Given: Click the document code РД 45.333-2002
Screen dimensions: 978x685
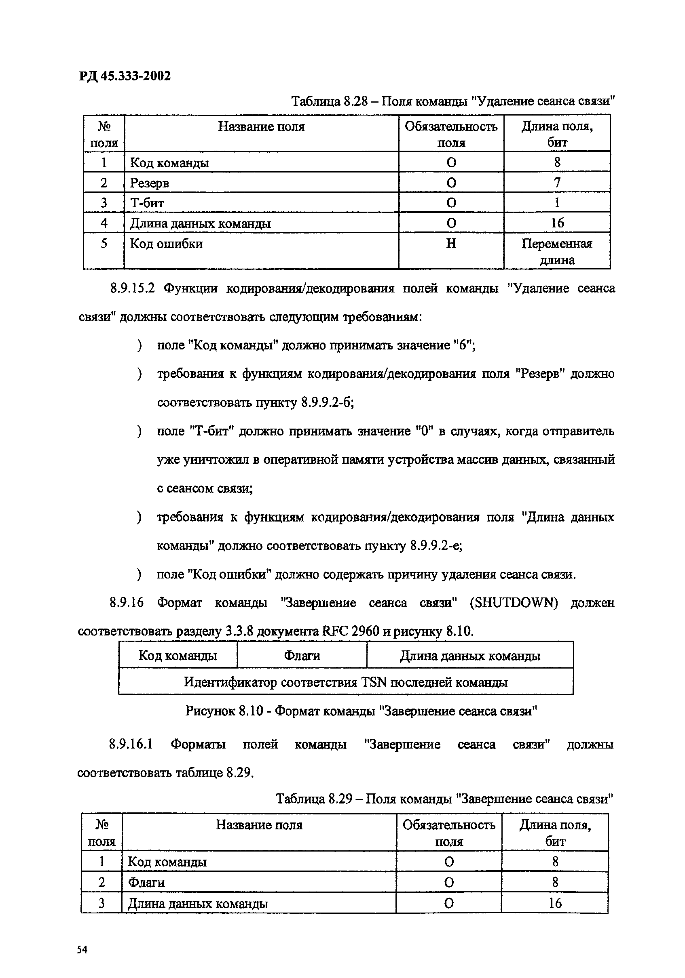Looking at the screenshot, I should coord(125,76).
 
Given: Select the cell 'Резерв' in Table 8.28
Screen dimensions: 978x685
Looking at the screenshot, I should coord(149,183).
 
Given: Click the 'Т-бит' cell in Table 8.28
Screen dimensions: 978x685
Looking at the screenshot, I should coord(147,203).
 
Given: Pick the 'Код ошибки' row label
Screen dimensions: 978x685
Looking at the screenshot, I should coord(166,244).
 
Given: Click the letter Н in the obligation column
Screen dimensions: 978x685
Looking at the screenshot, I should coord(450,244).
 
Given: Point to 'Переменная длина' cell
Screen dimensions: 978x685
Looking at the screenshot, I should coord(556,251).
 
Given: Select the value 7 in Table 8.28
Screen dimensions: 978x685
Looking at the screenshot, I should coord(557,183).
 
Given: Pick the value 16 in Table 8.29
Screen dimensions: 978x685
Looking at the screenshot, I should coord(554,902).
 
